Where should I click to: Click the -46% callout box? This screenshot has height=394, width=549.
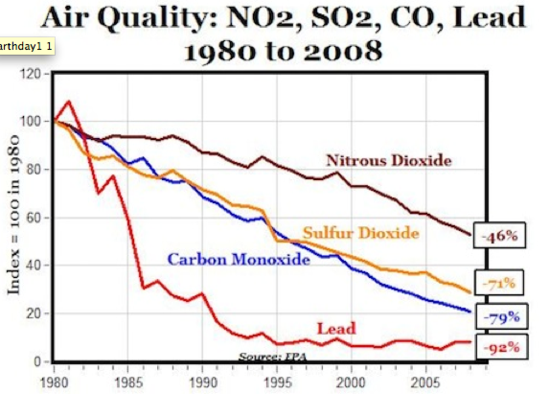coord(500,233)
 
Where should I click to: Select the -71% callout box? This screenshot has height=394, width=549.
coord(500,283)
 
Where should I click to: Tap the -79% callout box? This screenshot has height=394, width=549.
coord(500,315)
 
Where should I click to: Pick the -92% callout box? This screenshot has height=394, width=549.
coord(500,346)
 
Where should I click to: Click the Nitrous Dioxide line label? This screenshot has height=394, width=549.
coord(388,160)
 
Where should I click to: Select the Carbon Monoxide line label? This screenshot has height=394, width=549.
coord(239,258)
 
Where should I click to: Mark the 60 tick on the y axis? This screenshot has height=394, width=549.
coord(37,218)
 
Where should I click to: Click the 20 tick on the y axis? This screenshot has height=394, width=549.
coord(37,313)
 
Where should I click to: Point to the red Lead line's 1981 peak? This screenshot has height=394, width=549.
coord(67,102)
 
